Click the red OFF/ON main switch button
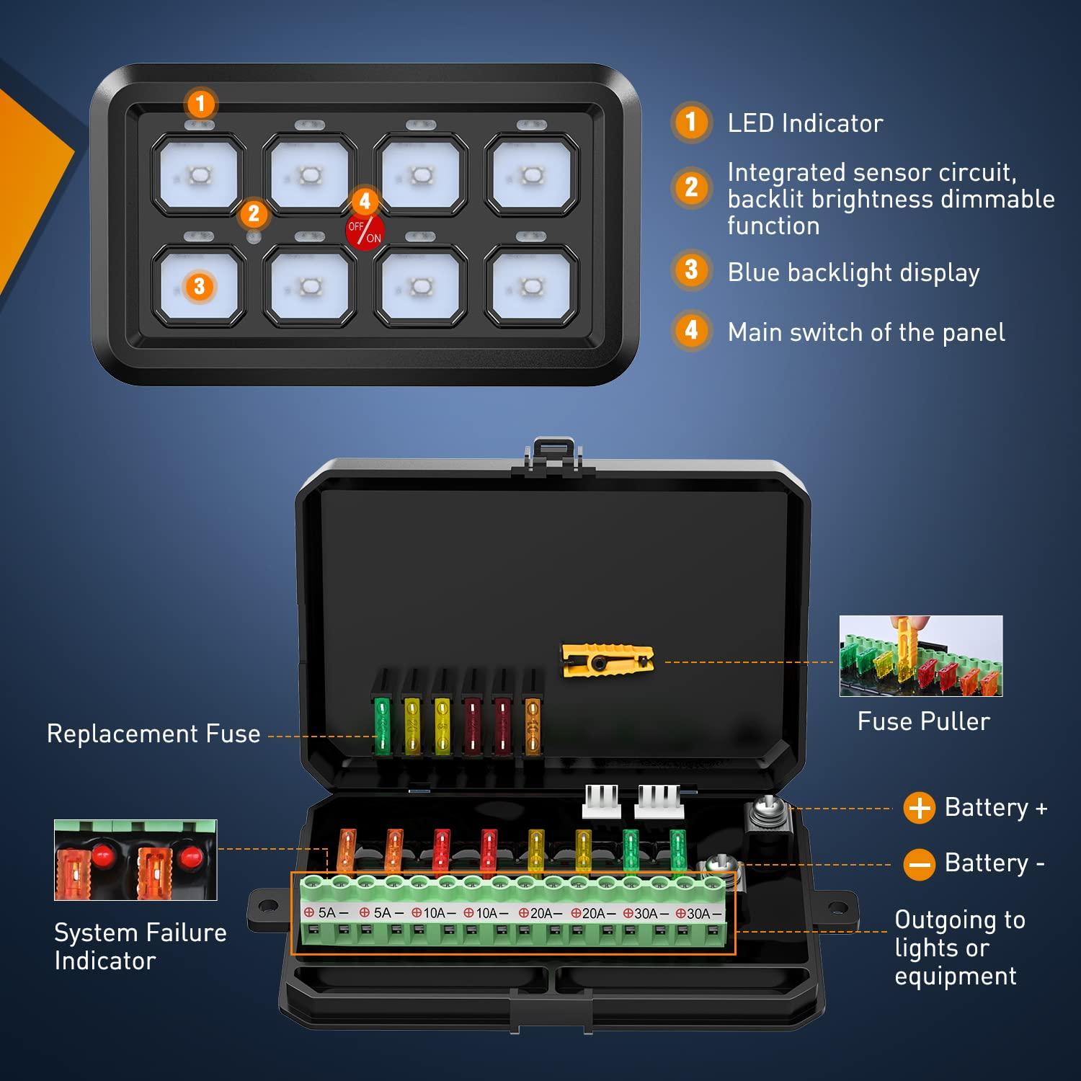(x=365, y=232)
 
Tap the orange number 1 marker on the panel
(x=201, y=104)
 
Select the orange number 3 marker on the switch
(x=200, y=286)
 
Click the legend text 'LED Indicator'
(x=805, y=123)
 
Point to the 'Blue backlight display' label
(x=853, y=272)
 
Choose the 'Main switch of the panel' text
(x=866, y=332)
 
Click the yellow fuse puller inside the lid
(x=608, y=659)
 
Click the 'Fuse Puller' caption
(x=923, y=721)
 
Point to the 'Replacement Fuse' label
(x=154, y=734)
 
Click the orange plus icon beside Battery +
(x=920, y=808)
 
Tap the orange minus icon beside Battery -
(x=920, y=863)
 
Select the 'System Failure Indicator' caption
(x=141, y=946)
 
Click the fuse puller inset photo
(x=920, y=656)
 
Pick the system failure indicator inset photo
(x=135, y=860)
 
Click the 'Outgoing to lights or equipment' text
(x=958, y=948)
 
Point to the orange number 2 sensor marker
(x=254, y=214)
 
